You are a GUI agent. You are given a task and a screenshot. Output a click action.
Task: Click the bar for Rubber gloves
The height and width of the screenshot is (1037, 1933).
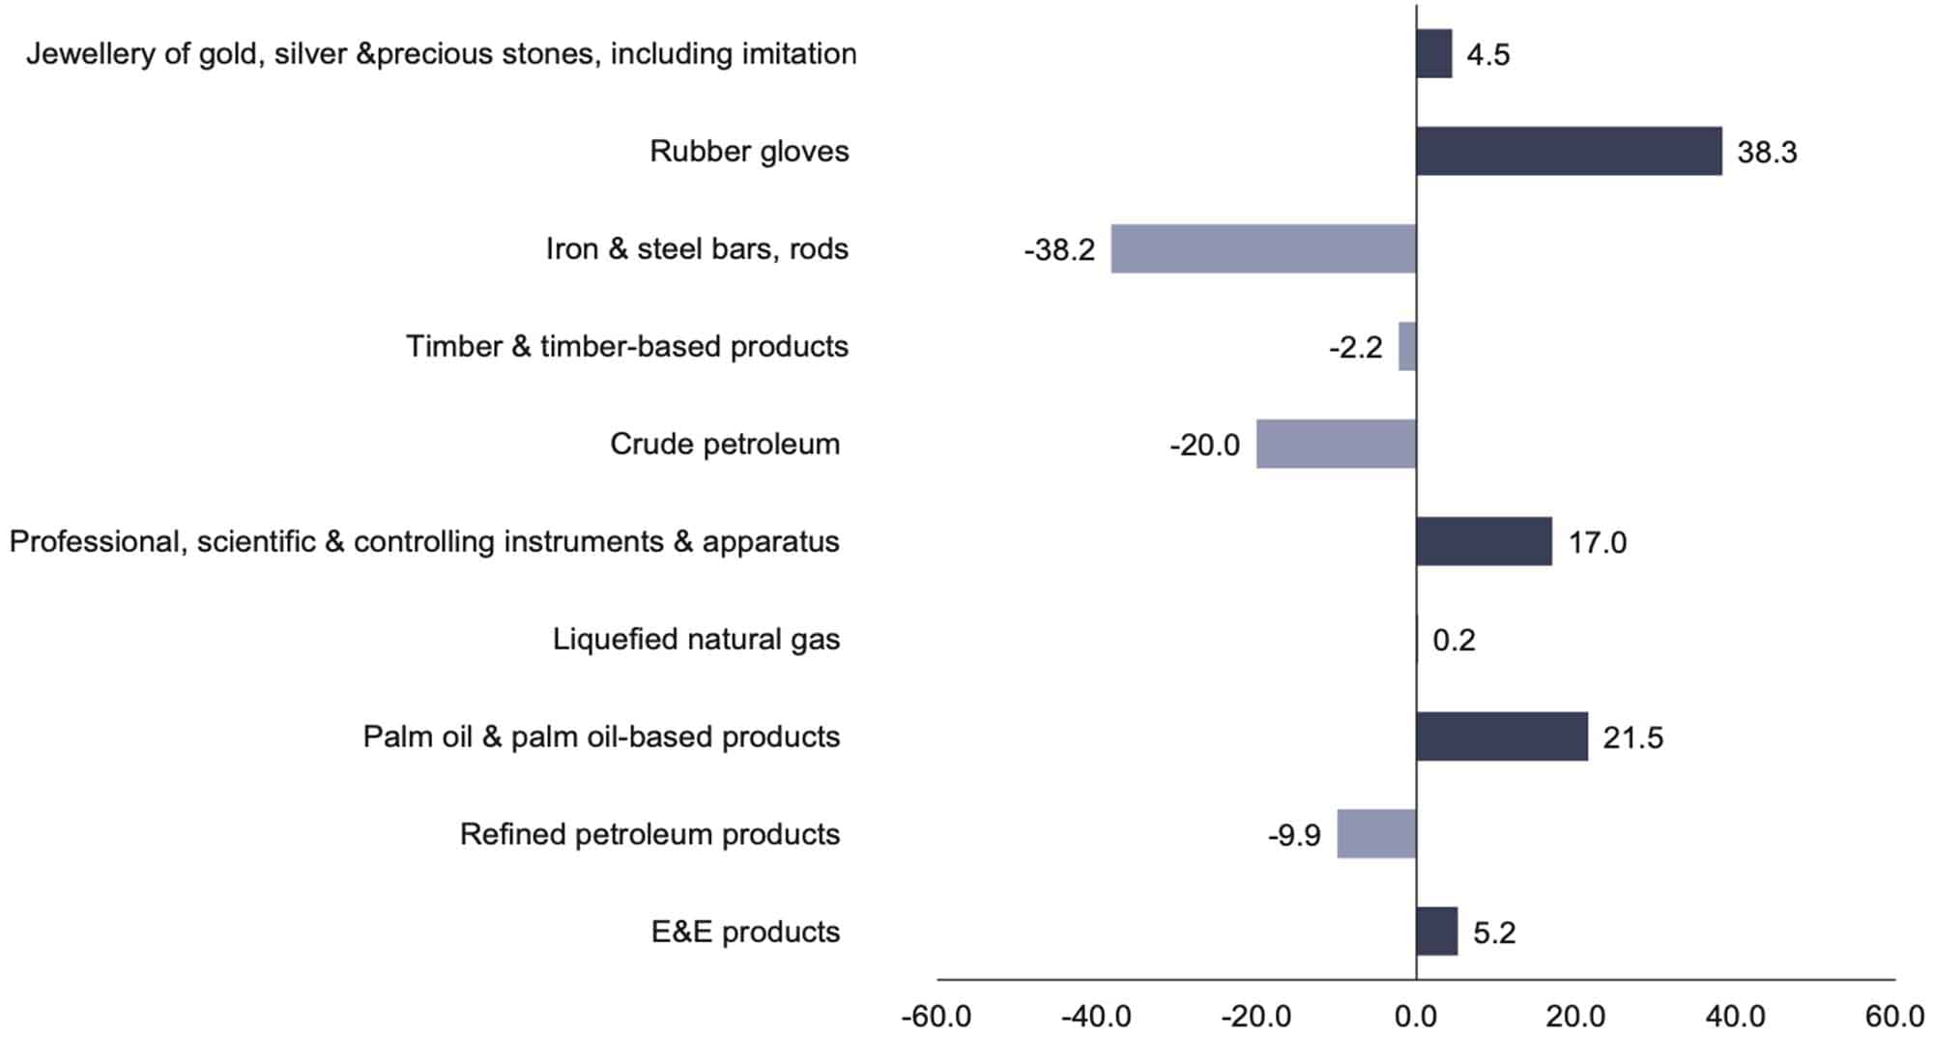1569,151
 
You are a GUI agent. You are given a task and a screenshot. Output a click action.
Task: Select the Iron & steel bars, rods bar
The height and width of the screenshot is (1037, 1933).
1263,248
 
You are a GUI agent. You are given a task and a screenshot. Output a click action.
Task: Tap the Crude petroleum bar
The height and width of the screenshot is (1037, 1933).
1336,444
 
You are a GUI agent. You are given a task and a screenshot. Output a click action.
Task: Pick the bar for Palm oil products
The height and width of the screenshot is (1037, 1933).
1501,736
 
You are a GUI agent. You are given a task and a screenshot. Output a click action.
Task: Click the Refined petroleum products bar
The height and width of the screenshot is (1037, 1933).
1376,834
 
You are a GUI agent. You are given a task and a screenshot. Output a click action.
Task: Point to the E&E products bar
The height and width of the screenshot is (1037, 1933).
1436,932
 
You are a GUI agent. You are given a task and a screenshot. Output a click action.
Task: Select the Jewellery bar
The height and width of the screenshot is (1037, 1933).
1433,53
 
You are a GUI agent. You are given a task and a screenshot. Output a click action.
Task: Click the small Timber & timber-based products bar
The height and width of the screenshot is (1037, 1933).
1407,346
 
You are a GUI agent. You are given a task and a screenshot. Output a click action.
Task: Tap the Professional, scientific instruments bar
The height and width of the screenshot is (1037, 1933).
1484,541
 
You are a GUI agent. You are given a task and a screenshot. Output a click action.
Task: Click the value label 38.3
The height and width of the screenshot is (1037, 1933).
1767,153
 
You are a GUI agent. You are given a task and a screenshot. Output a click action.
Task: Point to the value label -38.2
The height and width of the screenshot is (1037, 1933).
1059,250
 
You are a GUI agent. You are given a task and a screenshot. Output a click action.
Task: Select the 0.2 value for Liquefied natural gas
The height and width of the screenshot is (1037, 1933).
1454,640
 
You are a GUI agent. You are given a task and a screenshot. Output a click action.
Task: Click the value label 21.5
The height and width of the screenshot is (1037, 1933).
1632,738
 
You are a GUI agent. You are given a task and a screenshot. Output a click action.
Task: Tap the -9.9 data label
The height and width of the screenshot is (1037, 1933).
1294,835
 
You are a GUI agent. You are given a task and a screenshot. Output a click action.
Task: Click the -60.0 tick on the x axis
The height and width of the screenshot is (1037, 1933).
936,1017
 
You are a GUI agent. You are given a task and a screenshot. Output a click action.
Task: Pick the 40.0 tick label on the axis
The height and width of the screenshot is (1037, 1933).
1736,1017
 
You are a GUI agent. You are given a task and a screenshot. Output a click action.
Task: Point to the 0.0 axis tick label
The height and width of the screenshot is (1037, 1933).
1416,1017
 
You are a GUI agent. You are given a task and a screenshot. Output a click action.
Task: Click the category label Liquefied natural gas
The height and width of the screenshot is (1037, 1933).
696,639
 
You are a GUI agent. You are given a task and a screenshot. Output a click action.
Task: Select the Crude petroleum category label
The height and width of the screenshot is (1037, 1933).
725,444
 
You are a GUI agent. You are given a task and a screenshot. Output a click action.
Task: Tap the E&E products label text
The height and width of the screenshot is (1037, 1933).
745,932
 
